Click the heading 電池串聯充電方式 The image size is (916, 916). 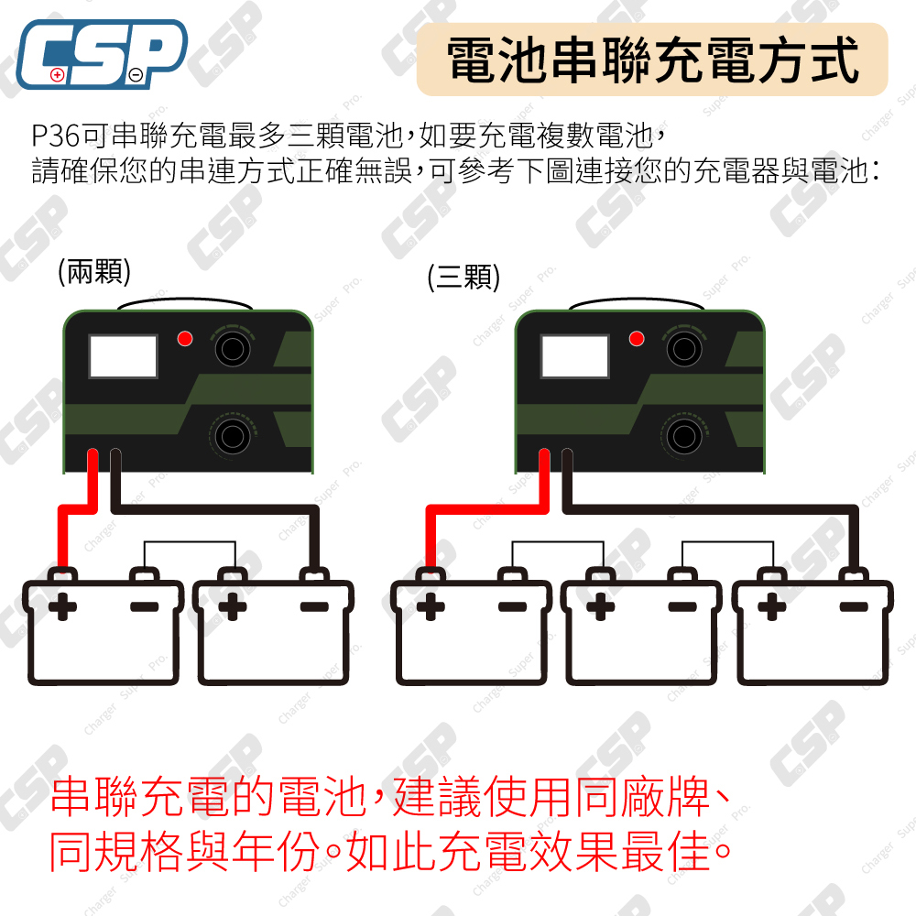tap(652, 60)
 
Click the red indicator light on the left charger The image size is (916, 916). tap(185, 339)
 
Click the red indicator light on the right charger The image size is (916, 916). tap(638, 339)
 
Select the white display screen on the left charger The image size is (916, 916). tap(124, 357)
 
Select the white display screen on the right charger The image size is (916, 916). tap(575, 357)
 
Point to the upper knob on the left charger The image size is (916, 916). tap(232, 348)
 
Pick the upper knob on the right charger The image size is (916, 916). tap(684, 348)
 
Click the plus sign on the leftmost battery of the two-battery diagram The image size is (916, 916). tap(63, 606)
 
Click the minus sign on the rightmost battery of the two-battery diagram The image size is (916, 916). tap(314, 606)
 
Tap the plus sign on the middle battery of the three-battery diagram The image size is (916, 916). tap(601, 606)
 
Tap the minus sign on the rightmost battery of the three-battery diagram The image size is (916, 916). tap(853, 606)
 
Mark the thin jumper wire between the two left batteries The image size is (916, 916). tap(190, 543)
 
